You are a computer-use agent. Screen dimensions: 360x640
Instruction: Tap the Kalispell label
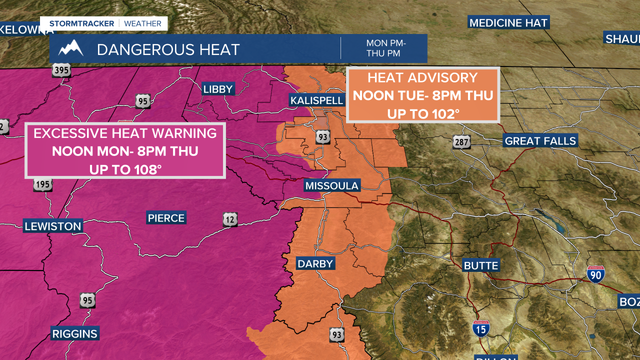(317, 100)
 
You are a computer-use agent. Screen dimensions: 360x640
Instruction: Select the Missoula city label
(332, 186)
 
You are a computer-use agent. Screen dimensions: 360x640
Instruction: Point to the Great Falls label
(540, 141)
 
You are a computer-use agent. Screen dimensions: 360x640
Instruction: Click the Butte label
(481, 265)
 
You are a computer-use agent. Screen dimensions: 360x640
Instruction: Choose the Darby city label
(315, 263)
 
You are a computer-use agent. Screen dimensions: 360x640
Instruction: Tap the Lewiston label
(53, 226)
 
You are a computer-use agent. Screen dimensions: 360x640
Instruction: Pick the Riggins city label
(75, 333)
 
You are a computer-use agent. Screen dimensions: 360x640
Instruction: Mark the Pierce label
(166, 218)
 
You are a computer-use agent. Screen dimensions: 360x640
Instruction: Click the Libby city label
(218, 89)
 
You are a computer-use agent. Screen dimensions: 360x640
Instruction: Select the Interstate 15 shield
(481, 328)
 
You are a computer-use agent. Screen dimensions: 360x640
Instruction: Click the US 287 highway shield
(462, 141)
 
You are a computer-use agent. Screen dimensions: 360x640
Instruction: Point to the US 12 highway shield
(230, 219)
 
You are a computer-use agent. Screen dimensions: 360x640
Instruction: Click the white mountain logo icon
(70, 48)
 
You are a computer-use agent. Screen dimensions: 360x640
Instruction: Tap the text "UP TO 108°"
(125, 169)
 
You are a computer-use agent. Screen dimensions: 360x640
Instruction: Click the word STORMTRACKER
(81, 23)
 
